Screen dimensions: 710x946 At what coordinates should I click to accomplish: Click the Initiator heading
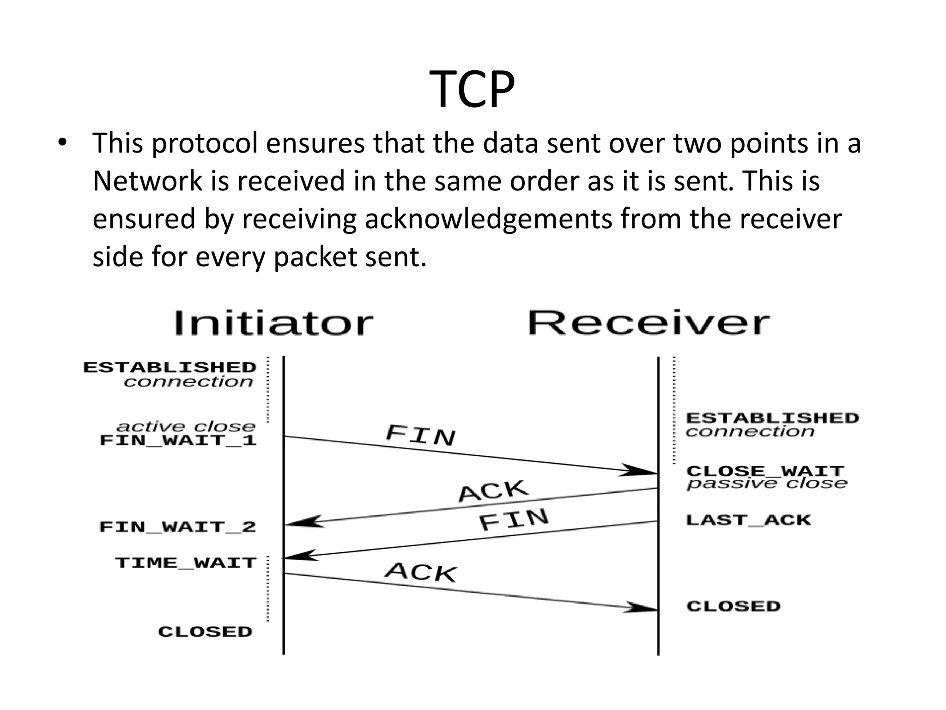(273, 323)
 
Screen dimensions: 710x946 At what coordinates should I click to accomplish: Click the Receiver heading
(649, 323)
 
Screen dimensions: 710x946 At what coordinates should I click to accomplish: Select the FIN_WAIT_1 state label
(178, 440)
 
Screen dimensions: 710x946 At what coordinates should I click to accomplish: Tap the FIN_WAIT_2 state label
(178, 527)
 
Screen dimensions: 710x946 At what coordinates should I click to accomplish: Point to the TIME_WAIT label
(186, 563)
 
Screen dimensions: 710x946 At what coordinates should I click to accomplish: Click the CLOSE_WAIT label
(765, 471)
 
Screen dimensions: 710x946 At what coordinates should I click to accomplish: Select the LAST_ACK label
(748, 520)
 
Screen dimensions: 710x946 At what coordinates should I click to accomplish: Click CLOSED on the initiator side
(205, 632)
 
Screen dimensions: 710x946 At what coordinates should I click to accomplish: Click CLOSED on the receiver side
(734, 606)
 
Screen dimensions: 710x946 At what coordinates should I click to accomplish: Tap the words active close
(186, 426)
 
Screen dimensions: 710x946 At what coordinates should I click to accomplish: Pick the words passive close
(767, 484)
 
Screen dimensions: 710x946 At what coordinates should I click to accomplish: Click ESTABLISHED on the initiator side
(170, 367)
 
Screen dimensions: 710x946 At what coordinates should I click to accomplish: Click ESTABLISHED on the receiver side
(772, 418)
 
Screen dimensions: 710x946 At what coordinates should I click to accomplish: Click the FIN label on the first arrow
(420, 435)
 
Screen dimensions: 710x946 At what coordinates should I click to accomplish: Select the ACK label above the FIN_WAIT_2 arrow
(493, 491)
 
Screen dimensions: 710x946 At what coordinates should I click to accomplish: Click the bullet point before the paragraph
(63, 142)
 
